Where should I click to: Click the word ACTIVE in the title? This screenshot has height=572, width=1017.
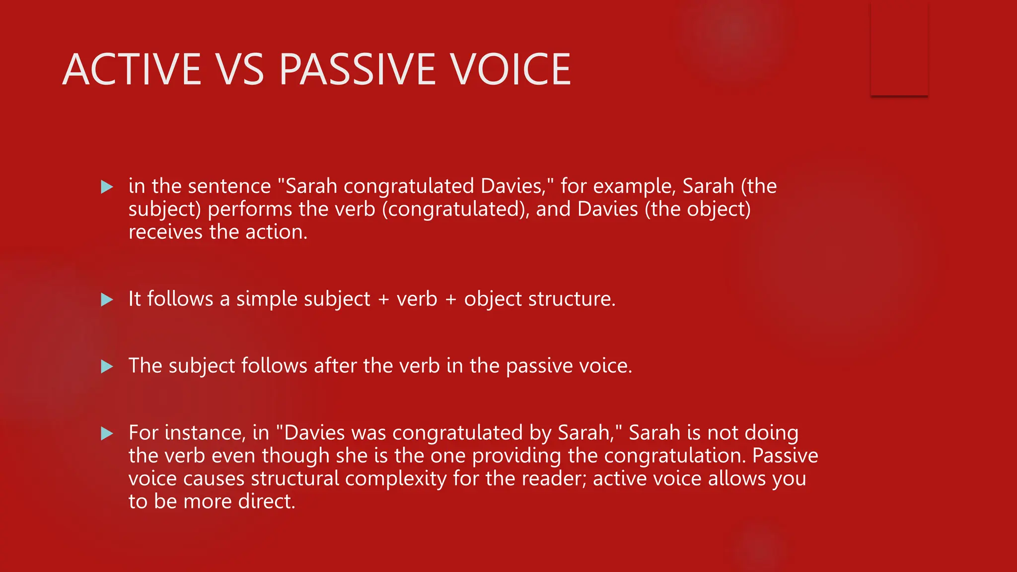pyautogui.click(x=132, y=70)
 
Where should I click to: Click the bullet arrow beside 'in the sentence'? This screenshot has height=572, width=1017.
pyautogui.click(x=107, y=187)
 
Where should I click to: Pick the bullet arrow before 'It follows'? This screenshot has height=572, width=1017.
pyautogui.click(x=107, y=300)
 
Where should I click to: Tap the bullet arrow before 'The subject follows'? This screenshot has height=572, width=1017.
pyautogui.click(x=107, y=367)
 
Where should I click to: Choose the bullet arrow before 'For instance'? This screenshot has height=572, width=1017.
pyautogui.click(x=107, y=434)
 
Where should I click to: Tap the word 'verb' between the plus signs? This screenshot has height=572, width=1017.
pyautogui.click(x=417, y=299)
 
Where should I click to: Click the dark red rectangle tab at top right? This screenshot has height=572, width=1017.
pyautogui.click(x=899, y=50)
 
